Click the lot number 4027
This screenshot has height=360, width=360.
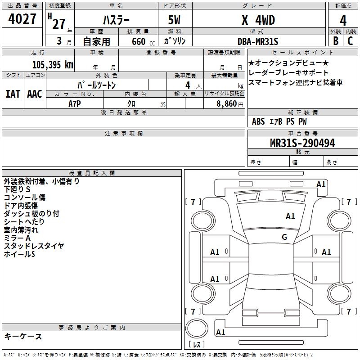[22, 19]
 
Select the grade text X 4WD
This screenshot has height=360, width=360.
[258, 20]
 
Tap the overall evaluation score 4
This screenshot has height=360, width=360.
[343, 21]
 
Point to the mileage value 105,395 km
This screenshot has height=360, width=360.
[53, 65]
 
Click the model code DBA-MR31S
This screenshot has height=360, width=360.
[258, 41]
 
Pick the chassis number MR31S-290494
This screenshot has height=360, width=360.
[302, 143]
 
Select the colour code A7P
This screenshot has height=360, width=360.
[75, 104]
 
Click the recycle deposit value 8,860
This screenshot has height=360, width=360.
[227, 104]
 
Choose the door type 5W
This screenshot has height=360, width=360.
[174, 20]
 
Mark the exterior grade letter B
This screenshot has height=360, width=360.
[336, 41]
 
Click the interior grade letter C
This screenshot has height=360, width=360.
[350, 41]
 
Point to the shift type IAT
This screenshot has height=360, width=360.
[13, 94]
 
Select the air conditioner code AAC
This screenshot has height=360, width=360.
[35, 94]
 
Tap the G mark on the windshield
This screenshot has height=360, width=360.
[284, 237]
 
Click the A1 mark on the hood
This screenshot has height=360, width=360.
[290, 216]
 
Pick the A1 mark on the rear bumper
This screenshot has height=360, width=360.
[220, 332]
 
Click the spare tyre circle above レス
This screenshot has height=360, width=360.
[197, 328]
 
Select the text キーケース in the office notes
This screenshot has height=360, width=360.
[23, 336]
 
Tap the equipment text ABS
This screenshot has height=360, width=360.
[258, 121]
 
